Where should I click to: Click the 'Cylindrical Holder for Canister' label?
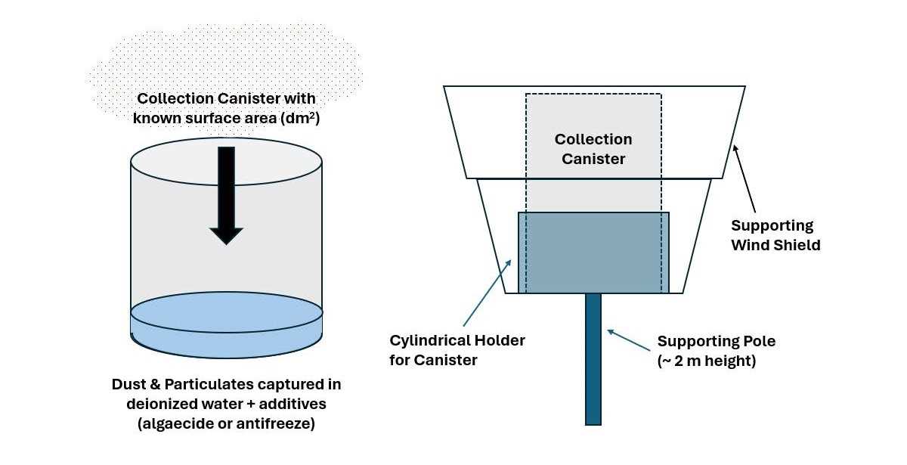[457, 350]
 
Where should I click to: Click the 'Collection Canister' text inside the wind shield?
[593, 149]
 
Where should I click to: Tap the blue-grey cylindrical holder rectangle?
[593, 253]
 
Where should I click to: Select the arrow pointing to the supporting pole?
[628, 341]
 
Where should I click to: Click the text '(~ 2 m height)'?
[706, 361]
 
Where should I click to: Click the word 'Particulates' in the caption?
[200, 385]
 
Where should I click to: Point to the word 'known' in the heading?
[156, 118]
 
